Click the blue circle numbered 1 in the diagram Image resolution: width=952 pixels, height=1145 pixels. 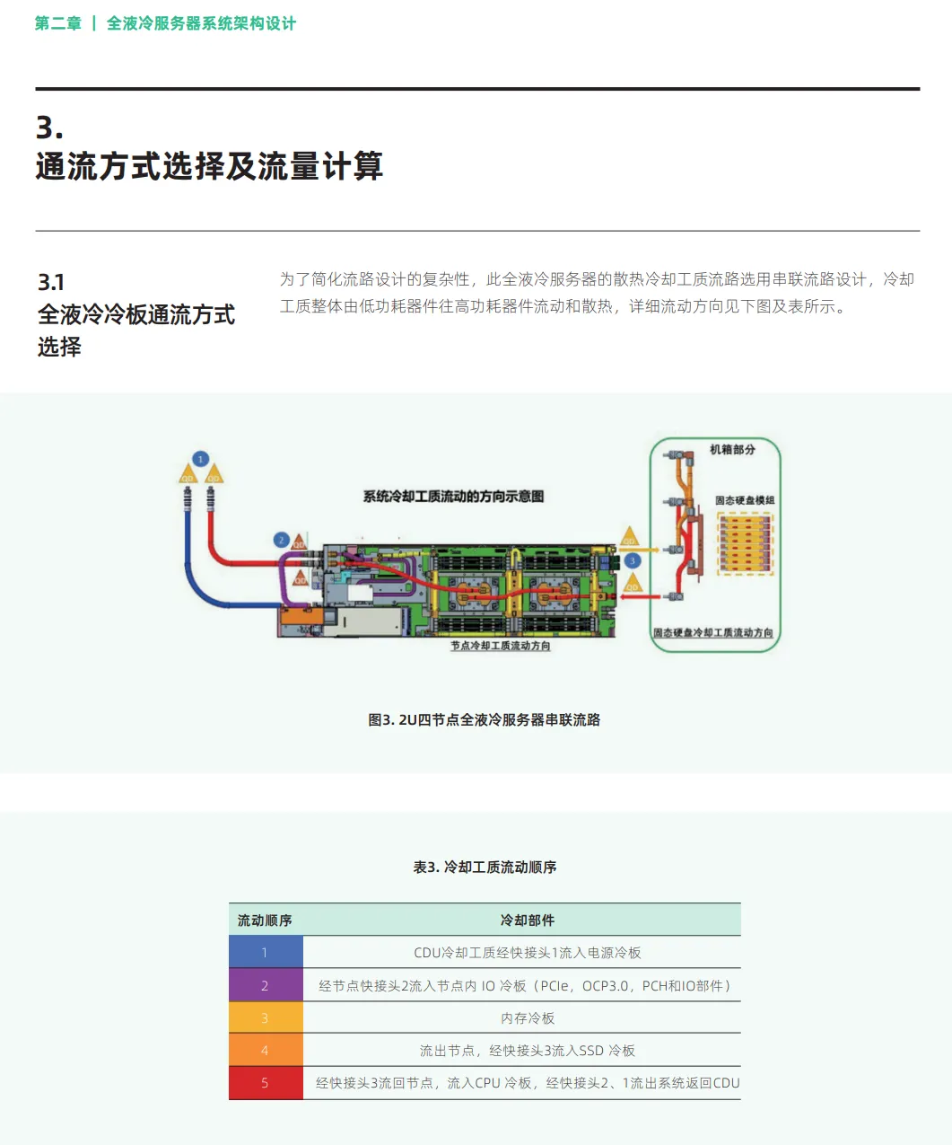tap(201, 459)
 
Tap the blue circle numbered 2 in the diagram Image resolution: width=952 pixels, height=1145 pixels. tap(281, 540)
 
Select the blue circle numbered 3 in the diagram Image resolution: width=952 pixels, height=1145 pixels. tap(633, 560)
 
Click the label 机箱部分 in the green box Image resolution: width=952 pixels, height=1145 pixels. tap(732, 449)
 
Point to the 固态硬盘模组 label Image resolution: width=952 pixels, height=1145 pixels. tap(745, 500)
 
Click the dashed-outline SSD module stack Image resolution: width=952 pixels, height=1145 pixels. tap(745, 543)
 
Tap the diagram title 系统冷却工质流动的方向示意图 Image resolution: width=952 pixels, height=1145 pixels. tap(453, 497)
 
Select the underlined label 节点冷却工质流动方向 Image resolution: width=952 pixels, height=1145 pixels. tap(500, 646)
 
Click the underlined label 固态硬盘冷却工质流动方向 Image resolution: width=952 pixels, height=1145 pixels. tap(712, 633)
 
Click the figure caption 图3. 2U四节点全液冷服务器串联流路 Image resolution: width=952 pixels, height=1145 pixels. tap(484, 720)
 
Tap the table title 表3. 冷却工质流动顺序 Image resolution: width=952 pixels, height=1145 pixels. tap(485, 868)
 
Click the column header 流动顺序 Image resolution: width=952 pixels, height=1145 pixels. tap(265, 920)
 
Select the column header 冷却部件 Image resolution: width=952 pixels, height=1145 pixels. tap(528, 920)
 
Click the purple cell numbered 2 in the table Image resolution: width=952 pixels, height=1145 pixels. tap(265, 986)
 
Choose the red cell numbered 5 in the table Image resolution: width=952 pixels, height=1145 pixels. tap(265, 1083)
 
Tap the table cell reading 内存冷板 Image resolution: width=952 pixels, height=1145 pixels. tap(528, 1018)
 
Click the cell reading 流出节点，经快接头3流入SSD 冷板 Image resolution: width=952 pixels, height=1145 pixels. tap(528, 1051)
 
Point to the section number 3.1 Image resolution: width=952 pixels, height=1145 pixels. tap(51, 283)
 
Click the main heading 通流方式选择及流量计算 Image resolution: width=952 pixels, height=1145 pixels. tap(209, 167)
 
